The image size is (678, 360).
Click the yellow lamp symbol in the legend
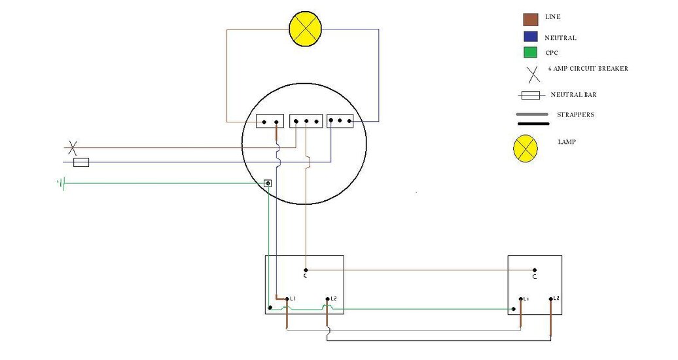[x=525, y=149]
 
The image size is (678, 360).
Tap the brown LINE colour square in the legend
[x=530, y=19]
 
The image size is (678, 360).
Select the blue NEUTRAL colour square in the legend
[x=530, y=37]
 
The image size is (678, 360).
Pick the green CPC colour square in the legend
[x=530, y=53]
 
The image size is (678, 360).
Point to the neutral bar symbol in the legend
[x=529, y=96]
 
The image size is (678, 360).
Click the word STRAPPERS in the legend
[x=575, y=115]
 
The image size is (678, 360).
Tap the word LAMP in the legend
[x=567, y=142]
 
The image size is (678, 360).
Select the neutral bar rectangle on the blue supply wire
[x=81, y=162]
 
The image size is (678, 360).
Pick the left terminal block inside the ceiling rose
[x=270, y=121]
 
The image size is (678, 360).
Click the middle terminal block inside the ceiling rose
[x=306, y=121]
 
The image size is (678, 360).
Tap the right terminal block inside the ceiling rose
[x=340, y=120]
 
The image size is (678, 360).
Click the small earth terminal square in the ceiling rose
[x=268, y=183]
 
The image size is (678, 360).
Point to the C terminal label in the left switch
[x=306, y=276]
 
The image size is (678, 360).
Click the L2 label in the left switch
[x=334, y=298]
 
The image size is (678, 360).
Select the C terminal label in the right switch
[x=535, y=277]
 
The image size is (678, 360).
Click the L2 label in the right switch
[x=556, y=298]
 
